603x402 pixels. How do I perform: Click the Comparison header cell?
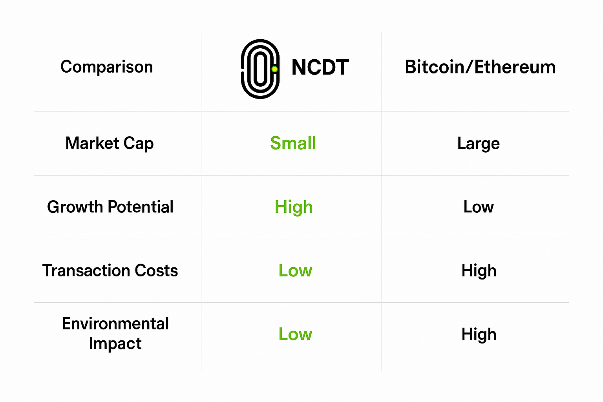106,67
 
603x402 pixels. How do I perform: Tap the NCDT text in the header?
320,68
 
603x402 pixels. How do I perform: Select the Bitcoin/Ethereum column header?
480,67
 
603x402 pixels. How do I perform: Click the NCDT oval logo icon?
260,69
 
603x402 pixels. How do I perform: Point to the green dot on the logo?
274,69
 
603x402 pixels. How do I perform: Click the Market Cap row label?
110,143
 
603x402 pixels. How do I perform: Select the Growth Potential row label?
110,207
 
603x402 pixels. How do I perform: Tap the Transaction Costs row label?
110,270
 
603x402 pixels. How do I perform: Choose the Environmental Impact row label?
115,333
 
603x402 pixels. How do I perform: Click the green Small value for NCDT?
293,143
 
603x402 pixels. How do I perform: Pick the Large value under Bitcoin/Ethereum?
478,144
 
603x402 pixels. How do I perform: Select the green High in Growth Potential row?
294,207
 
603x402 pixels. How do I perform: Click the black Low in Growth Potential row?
478,207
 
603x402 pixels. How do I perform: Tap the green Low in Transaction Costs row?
295,270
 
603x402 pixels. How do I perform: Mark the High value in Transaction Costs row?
479,271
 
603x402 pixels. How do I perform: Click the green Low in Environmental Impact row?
295,334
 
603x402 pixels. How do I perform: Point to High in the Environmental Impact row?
479,334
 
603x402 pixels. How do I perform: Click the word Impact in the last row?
115,344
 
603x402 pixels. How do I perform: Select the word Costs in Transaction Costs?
156,270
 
